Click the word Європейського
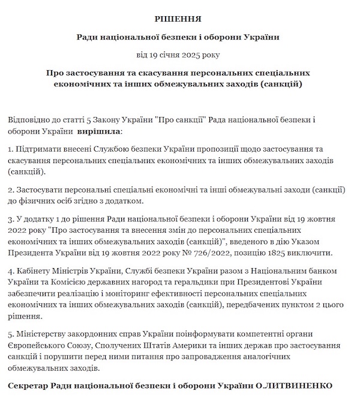pos(37,347)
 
